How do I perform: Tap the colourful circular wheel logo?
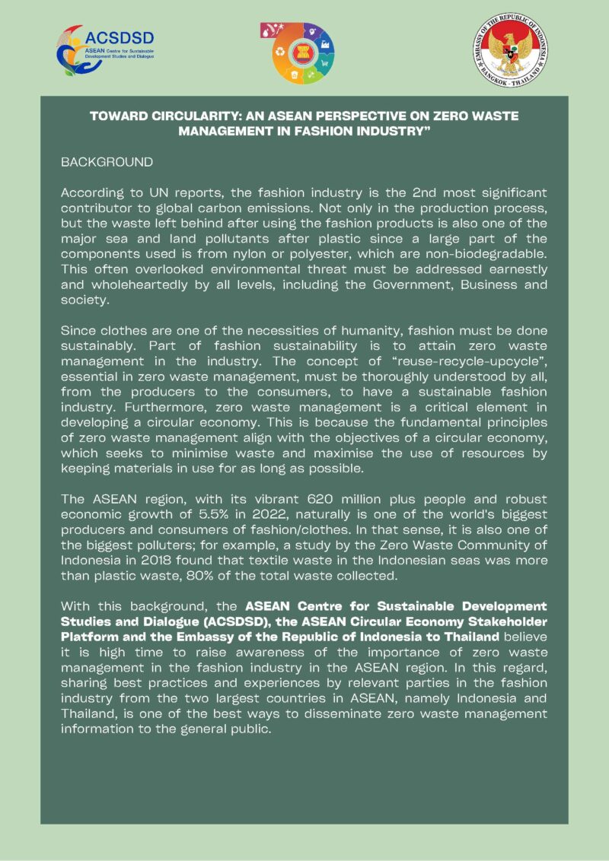point(303,52)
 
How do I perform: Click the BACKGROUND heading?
point(107,162)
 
